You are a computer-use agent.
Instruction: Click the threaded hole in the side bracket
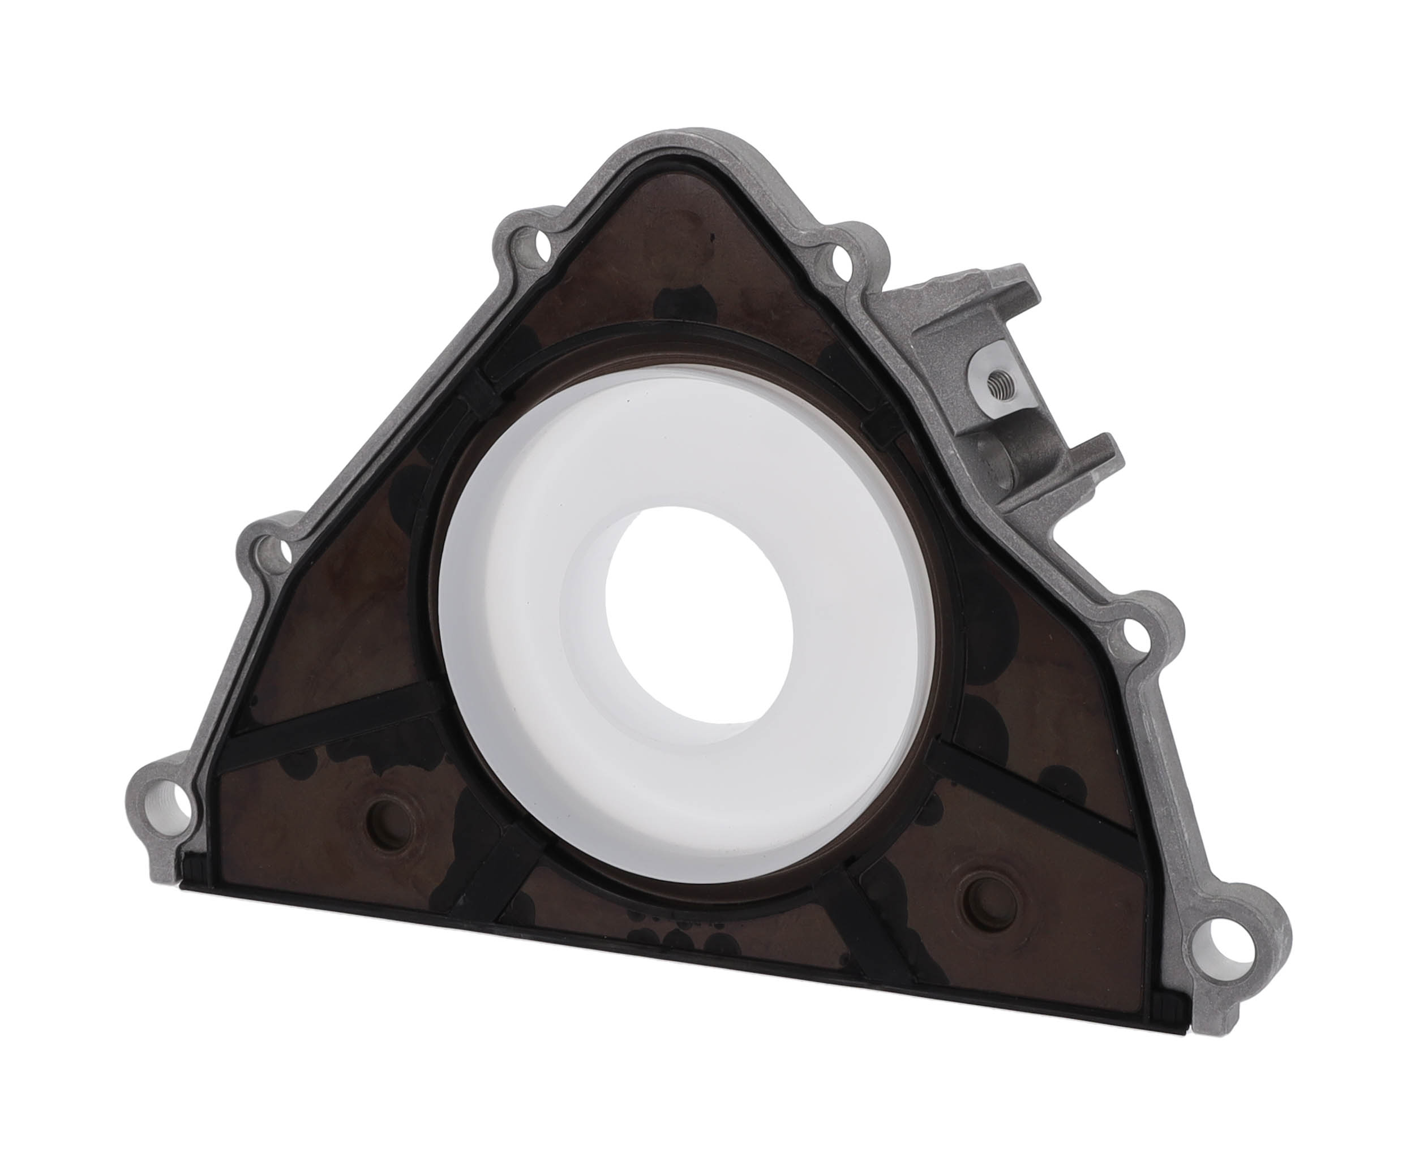[x=998, y=384]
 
